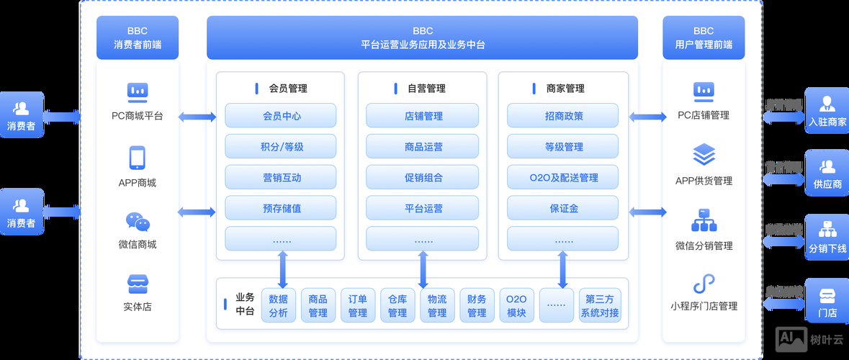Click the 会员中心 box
[280, 116]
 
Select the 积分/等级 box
[280, 147]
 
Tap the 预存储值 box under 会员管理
[280, 208]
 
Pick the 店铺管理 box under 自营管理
[422, 116]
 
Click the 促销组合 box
[422, 178]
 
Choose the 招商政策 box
[562, 116]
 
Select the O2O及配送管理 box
[562, 178]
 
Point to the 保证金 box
[562, 208]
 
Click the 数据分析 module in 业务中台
[278, 305]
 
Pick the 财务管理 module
[477, 305]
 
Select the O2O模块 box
[516, 305]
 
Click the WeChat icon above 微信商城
[138, 221]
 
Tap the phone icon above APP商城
[138, 158]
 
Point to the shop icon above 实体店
[138, 283]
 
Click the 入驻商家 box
[827, 112]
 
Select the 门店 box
[827, 302]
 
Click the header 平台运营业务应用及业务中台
[422, 37]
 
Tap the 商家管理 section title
[565, 89]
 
